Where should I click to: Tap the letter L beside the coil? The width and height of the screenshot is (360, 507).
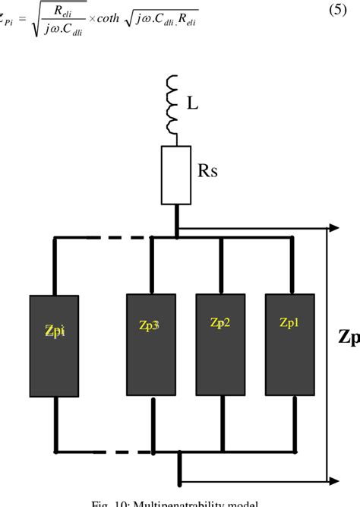tap(193, 101)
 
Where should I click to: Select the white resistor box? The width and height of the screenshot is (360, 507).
tap(175, 175)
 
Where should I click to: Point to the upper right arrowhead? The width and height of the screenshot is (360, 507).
tap(333, 227)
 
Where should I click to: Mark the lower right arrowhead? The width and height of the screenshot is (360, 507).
tap(333, 480)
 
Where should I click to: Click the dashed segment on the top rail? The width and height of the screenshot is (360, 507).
tap(115, 237)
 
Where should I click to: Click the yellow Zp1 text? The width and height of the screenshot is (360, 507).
tap(289, 323)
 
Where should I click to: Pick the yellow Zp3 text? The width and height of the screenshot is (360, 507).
tap(147, 325)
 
